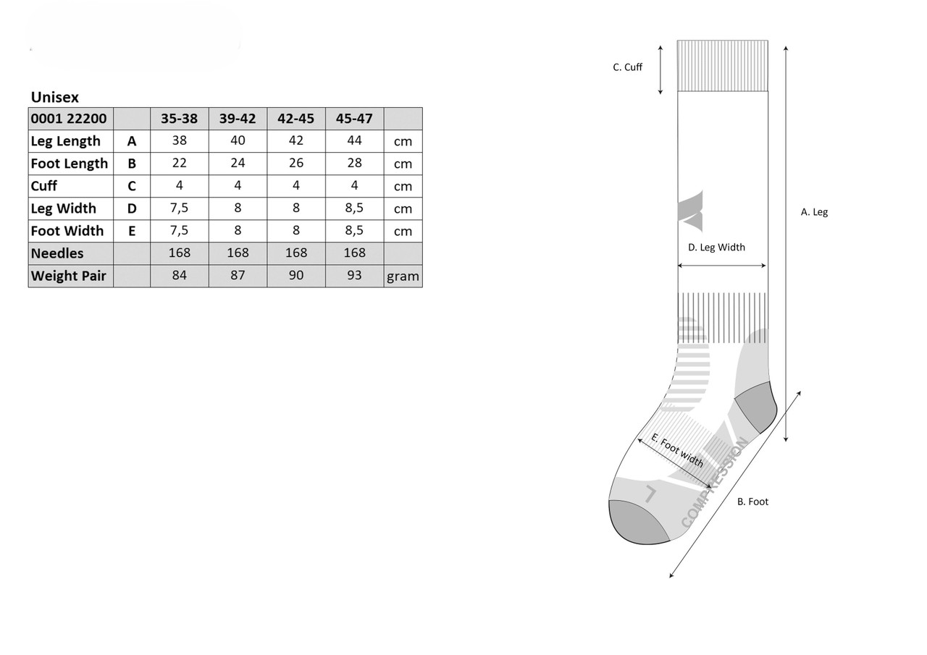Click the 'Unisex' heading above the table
point(54,97)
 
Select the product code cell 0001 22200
point(69,119)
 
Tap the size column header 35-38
point(179,119)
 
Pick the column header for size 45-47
point(354,119)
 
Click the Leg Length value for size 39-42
point(238,140)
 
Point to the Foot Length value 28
point(354,163)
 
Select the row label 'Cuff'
point(44,186)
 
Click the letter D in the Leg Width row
point(132,208)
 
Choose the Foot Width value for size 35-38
point(179,230)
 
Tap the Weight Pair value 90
point(296,276)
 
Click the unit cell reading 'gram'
point(403,276)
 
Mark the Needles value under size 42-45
point(296,253)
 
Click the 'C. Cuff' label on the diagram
point(627,67)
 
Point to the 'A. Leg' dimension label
point(814,212)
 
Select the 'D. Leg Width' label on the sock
point(716,248)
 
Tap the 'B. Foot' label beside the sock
point(752,502)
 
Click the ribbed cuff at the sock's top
point(722,66)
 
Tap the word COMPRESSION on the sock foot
point(715,483)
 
